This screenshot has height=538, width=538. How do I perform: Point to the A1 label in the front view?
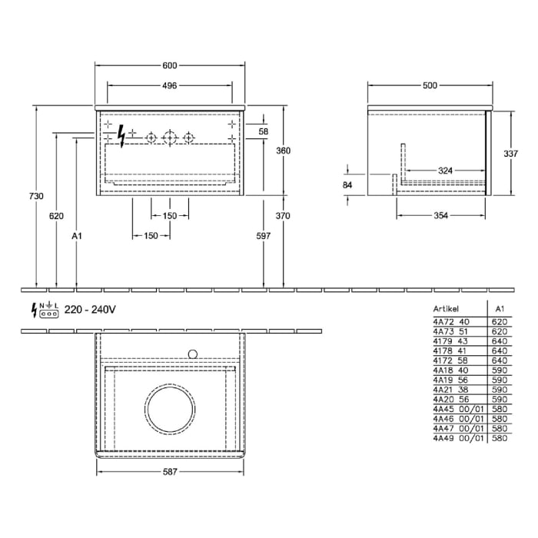point(76,237)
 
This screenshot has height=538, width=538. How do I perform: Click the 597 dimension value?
point(264,237)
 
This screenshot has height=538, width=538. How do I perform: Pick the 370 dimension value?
point(284,217)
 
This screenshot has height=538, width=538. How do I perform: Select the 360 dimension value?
point(284,151)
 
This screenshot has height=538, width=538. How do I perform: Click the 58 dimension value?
point(264,132)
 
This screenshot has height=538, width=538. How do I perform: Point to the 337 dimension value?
point(510,154)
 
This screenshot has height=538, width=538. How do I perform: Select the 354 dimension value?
point(440,216)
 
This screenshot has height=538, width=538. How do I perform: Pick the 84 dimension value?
point(347,184)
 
